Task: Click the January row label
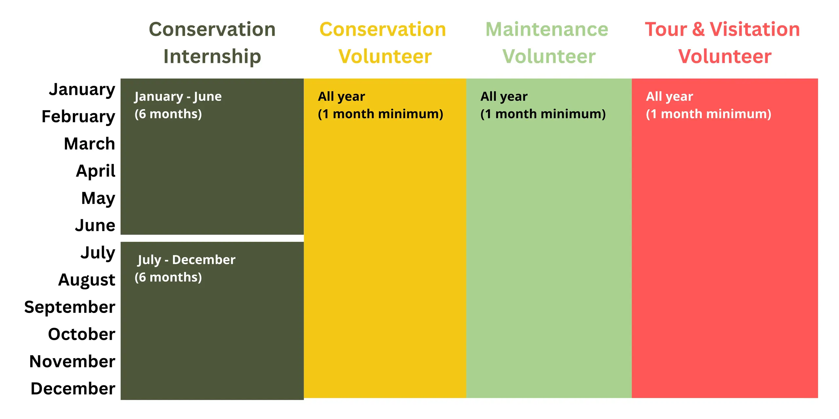coord(82,90)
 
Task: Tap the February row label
coord(78,117)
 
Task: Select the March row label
coord(89,144)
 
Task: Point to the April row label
coord(95,171)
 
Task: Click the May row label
coord(98,198)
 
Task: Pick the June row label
coord(95,225)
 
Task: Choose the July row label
coord(98,253)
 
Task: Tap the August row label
coord(87,280)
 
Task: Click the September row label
coord(69,307)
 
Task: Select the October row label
coord(82,334)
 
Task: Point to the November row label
coord(72,361)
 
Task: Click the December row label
coord(73,389)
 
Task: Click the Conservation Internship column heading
coord(212,43)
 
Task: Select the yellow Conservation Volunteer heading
coord(383,43)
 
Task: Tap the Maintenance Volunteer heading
coord(547,43)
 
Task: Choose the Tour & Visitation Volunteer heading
coord(723,43)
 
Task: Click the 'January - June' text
coord(178,97)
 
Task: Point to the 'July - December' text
coord(186,260)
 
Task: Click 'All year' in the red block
coord(669,97)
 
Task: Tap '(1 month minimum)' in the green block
coord(543,114)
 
